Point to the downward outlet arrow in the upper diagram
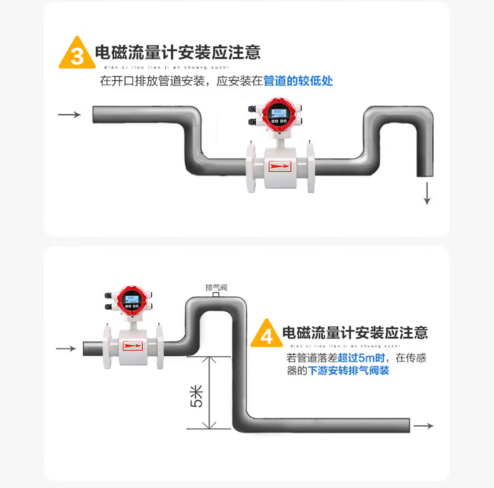427,194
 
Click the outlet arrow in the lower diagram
424,426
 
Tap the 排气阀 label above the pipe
216,287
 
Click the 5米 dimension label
196,396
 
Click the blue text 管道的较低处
298,81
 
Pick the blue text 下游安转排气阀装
349,371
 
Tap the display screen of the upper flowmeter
278,113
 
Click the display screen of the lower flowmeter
131,298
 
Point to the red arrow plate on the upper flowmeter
280,166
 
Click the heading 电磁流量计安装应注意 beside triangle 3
178,52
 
